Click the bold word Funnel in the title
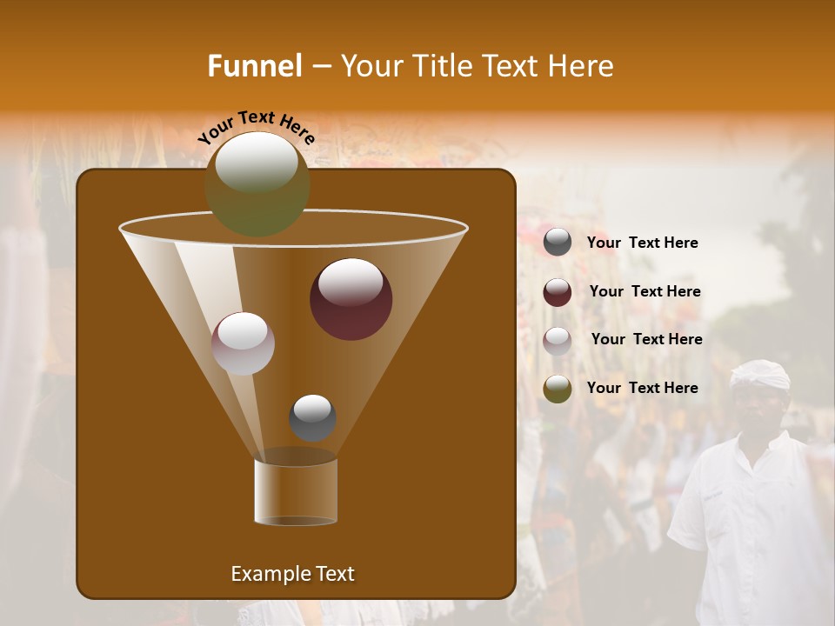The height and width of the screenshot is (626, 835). [255, 66]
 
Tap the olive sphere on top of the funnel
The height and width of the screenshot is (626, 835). [257, 184]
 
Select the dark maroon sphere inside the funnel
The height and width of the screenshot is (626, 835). [351, 299]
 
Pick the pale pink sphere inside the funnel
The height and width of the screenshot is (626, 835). [244, 343]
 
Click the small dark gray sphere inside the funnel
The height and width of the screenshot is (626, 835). [312, 417]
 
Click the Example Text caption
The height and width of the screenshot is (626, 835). [292, 574]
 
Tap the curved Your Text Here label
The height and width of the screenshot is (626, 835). [256, 126]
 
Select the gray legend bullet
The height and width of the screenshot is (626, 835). [558, 243]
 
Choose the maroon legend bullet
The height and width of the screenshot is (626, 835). [558, 292]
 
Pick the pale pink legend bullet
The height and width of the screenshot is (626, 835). [558, 340]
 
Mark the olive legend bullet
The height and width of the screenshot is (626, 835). [558, 389]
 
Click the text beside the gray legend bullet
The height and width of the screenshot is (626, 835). [642, 243]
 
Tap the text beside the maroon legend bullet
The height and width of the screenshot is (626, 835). [645, 292]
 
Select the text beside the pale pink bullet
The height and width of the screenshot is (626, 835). [646, 340]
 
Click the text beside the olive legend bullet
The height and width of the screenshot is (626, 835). [642, 389]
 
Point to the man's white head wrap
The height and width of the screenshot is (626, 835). [760, 375]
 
